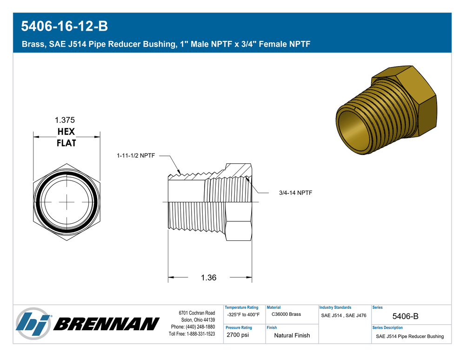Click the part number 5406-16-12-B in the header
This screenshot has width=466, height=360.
coord(64,26)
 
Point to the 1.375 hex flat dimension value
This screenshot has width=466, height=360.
coord(65,120)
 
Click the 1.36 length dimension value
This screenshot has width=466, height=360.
coord(209,277)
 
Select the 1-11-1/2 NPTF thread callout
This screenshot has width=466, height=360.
coord(136,155)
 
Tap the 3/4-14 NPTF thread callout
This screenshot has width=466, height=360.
coord(295,193)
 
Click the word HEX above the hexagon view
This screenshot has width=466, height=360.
coord(66,132)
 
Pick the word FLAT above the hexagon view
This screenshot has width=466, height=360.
coord(67,143)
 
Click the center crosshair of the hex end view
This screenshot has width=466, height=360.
coord(67,202)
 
